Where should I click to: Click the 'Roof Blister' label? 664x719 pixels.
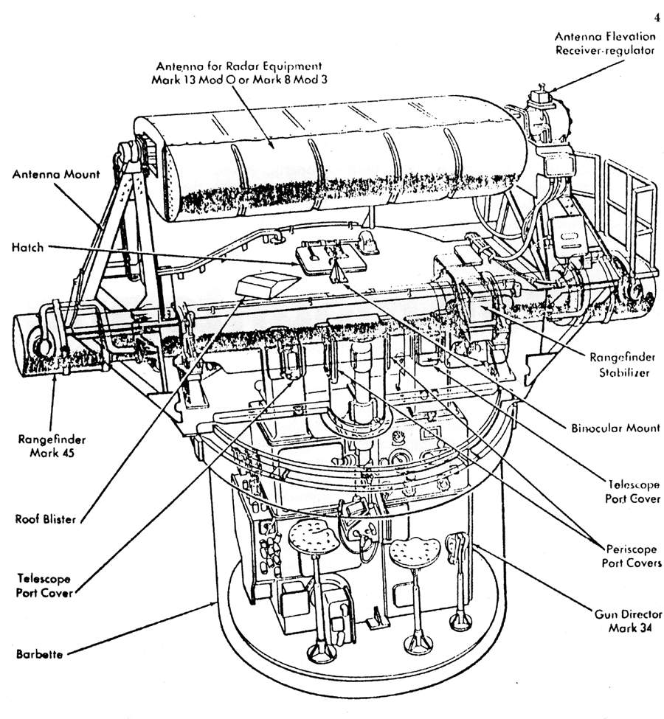pyautogui.click(x=45, y=519)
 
